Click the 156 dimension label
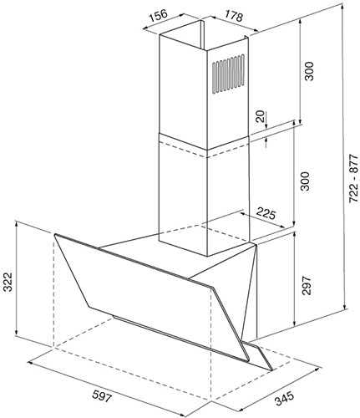(158, 16)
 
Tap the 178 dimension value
(233, 17)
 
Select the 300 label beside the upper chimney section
(309, 71)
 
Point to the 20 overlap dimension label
(261, 117)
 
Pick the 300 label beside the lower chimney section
(305, 181)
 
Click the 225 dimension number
(266, 214)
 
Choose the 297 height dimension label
(306, 285)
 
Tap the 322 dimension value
(8, 282)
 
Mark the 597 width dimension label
(102, 395)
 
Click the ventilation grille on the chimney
(228, 74)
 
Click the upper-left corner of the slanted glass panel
(55, 234)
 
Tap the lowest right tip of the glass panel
(271, 370)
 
